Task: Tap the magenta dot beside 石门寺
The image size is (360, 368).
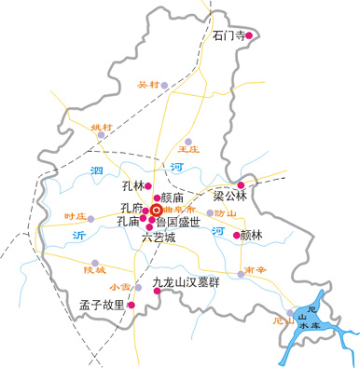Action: click(x=249, y=36)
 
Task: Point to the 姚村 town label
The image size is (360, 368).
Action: click(x=100, y=126)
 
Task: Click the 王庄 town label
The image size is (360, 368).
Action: click(x=189, y=148)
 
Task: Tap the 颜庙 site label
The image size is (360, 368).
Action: click(x=173, y=198)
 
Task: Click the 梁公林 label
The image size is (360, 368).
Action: click(x=228, y=196)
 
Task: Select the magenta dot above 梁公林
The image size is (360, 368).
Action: click(x=242, y=184)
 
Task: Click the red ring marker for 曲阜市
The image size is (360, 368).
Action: click(x=156, y=211)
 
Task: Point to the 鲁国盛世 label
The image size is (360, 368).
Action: click(x=177, y=222)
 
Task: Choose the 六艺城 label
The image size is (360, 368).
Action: click(x=158, y=237)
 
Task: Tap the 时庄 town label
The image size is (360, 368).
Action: click(x=75, y=216)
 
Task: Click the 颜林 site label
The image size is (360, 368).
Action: click(x=254, y=236)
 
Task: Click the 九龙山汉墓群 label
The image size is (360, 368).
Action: click(x=186, y=280)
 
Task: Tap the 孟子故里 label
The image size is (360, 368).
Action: click(x=102, y=304)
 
